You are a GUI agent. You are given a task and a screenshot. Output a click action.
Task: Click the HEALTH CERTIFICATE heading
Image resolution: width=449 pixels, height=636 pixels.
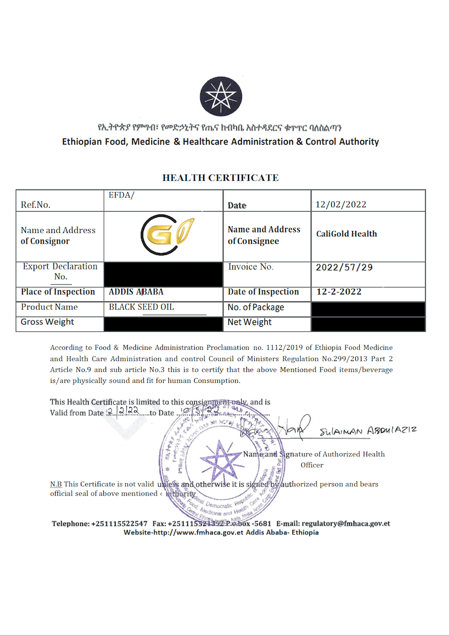221,178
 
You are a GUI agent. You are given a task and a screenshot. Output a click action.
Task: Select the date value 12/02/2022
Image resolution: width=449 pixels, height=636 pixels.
341,204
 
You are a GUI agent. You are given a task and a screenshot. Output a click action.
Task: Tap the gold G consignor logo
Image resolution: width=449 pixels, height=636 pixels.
163,236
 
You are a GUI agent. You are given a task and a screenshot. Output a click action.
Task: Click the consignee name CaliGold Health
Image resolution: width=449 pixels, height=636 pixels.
346,234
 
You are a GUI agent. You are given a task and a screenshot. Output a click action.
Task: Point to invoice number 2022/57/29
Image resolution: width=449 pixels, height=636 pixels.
344,267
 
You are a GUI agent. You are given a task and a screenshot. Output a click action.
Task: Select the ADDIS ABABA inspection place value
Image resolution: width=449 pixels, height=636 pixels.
136,292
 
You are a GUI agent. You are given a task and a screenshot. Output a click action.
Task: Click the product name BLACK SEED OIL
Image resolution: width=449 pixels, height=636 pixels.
141,307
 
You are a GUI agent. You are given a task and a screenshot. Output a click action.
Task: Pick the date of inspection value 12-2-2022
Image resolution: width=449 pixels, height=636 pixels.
339,292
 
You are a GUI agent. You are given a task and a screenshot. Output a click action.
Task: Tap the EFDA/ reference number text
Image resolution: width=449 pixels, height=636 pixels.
122,195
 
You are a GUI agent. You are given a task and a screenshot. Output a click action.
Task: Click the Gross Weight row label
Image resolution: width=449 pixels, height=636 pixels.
47,322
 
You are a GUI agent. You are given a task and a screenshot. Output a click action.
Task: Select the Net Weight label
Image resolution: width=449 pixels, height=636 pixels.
249,322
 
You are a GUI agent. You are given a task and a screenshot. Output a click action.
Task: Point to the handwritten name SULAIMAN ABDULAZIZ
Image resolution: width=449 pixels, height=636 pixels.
368,431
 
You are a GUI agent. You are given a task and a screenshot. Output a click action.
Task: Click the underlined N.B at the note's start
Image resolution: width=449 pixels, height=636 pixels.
56,484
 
